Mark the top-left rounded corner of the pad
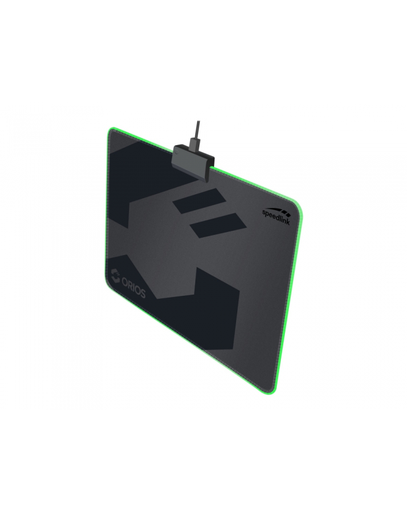pos(111,133)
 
